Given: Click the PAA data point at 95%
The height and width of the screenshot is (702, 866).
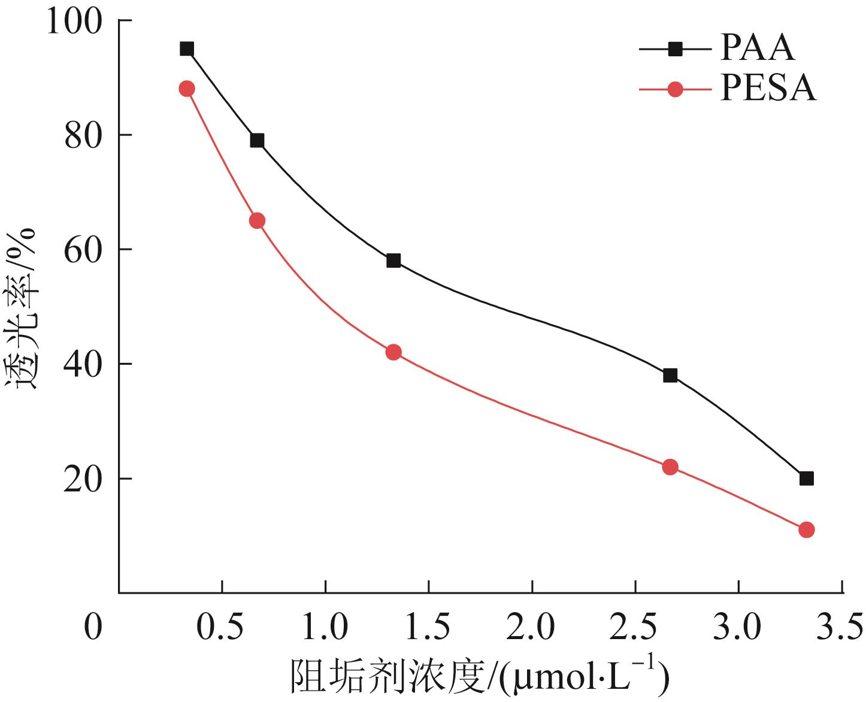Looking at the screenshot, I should [187, 49].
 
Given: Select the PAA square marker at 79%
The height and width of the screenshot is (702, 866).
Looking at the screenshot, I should [257, 141].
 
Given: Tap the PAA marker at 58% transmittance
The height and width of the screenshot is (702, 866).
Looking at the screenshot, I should [393, 261].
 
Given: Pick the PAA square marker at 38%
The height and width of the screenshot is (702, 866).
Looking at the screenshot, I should [670, 376].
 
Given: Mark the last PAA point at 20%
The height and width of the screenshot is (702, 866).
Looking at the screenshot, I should [806, 479].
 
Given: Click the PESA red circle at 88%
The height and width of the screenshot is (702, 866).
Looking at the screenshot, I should [187, 89].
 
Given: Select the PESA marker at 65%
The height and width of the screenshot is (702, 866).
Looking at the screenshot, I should [257, 221].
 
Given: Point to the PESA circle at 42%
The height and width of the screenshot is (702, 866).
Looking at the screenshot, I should [393, 352].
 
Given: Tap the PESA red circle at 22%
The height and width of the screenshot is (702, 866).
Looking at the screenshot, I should [670, 467].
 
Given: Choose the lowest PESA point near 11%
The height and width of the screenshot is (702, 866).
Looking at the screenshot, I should [806, 529].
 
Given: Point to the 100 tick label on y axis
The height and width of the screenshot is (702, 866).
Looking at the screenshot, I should [80, 22].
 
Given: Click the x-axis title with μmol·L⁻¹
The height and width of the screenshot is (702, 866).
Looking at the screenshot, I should [479, 679].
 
